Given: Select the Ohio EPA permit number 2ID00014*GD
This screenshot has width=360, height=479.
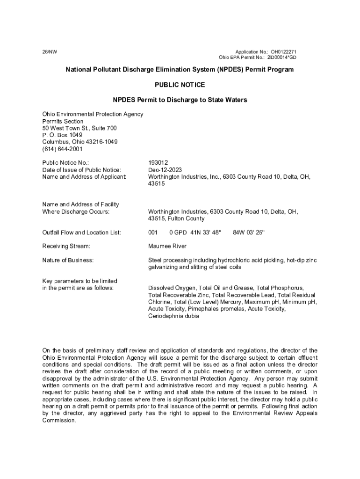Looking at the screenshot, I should point(281,58).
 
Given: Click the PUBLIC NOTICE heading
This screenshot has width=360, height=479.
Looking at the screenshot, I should point(180,85).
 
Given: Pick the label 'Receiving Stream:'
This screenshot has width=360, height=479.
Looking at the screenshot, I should point(66,246).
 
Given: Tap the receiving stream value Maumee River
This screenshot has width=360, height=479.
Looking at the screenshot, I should point(167,246).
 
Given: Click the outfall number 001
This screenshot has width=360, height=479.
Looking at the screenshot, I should point(153,232).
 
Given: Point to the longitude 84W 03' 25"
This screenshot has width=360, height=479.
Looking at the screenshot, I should point(248,232).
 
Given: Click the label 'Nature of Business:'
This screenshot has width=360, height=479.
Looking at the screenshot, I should point(68,260).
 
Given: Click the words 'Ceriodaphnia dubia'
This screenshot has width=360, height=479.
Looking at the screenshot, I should point(173,316).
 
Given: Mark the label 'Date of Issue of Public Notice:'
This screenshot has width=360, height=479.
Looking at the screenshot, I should point(82,170).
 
